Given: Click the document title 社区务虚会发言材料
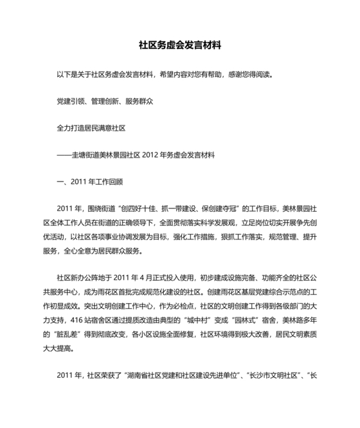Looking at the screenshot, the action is [x=180, y=46].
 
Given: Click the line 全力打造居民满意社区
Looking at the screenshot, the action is [x=91, y=128].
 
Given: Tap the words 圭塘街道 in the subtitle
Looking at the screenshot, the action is [x=89, y=155].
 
